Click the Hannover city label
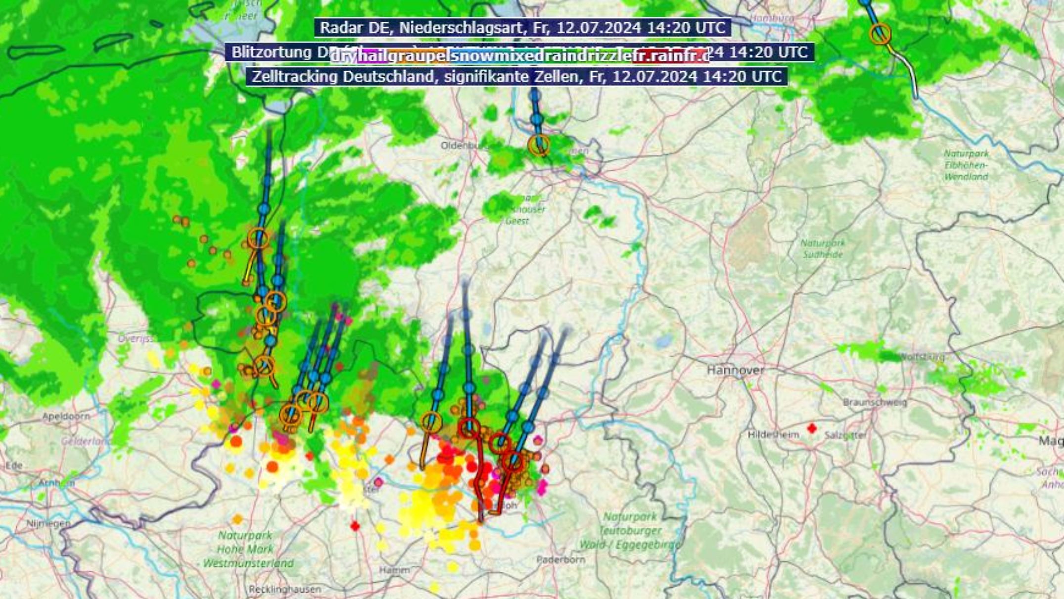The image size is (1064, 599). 735,370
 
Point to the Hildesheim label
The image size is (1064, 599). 773,435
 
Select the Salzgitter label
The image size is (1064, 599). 845,435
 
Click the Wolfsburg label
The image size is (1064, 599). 921,357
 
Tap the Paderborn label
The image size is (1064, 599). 560,559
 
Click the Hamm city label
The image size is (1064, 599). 394,570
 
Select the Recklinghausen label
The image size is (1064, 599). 284,589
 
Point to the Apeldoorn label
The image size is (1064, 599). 66,416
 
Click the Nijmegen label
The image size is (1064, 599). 48,523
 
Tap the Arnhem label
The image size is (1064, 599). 56,483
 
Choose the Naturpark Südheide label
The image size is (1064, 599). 823,249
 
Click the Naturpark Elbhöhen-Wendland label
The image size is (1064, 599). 966,165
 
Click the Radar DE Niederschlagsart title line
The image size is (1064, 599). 522,27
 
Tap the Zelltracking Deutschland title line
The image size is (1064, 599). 516,77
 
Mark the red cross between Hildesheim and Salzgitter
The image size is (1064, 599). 812,428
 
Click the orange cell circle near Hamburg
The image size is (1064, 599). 880,34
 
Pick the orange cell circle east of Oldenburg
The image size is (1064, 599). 539,145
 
